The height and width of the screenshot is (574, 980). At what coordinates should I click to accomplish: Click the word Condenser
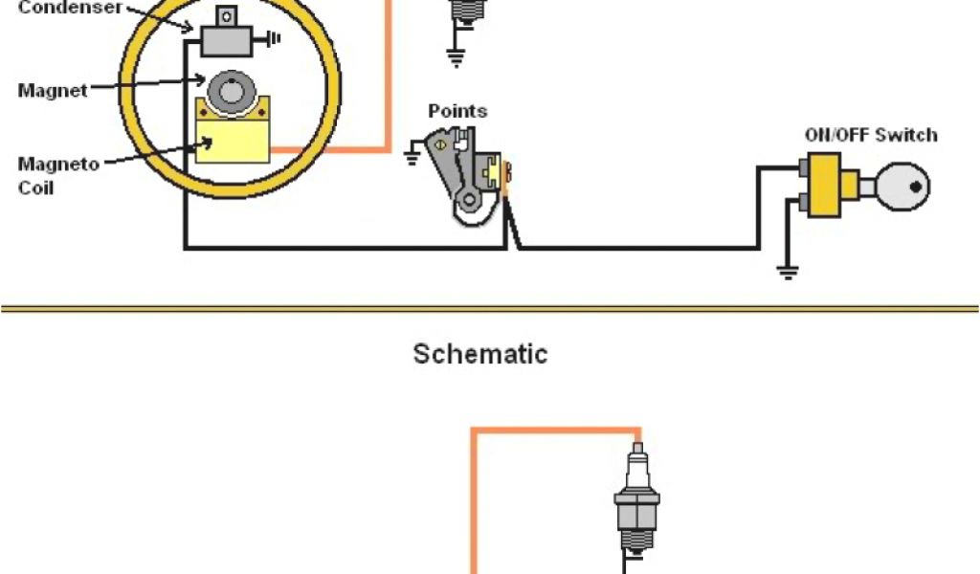[x=70, y=8]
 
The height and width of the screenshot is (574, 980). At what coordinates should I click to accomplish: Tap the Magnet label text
[x=53, y=91]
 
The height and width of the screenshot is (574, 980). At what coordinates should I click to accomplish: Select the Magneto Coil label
[x=58, y=175]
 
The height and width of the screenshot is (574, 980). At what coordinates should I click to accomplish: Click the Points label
[x=457, y=111]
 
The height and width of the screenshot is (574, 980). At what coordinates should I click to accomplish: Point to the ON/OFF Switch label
[x=871, y=135]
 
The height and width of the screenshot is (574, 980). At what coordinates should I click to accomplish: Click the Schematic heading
[x=480, y=354]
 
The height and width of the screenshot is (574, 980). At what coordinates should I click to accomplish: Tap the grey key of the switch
[x=900, y=187]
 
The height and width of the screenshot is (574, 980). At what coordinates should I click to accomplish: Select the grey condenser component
[x=226, y=39]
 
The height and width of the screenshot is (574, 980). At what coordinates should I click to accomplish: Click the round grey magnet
[x=230, y=93]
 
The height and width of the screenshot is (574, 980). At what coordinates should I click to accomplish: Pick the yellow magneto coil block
[x=233, y=135]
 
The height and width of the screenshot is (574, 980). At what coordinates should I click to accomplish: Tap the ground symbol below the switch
[x=788, y=272]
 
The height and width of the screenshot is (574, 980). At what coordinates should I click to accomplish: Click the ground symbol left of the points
[x=412, y=154]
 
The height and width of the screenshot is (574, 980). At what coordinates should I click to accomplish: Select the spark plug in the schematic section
[x=637, y=502]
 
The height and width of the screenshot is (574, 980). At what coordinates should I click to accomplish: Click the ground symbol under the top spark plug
[x=456, y=56]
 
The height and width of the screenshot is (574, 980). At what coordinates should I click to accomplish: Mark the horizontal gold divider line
[x=490, y=309]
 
